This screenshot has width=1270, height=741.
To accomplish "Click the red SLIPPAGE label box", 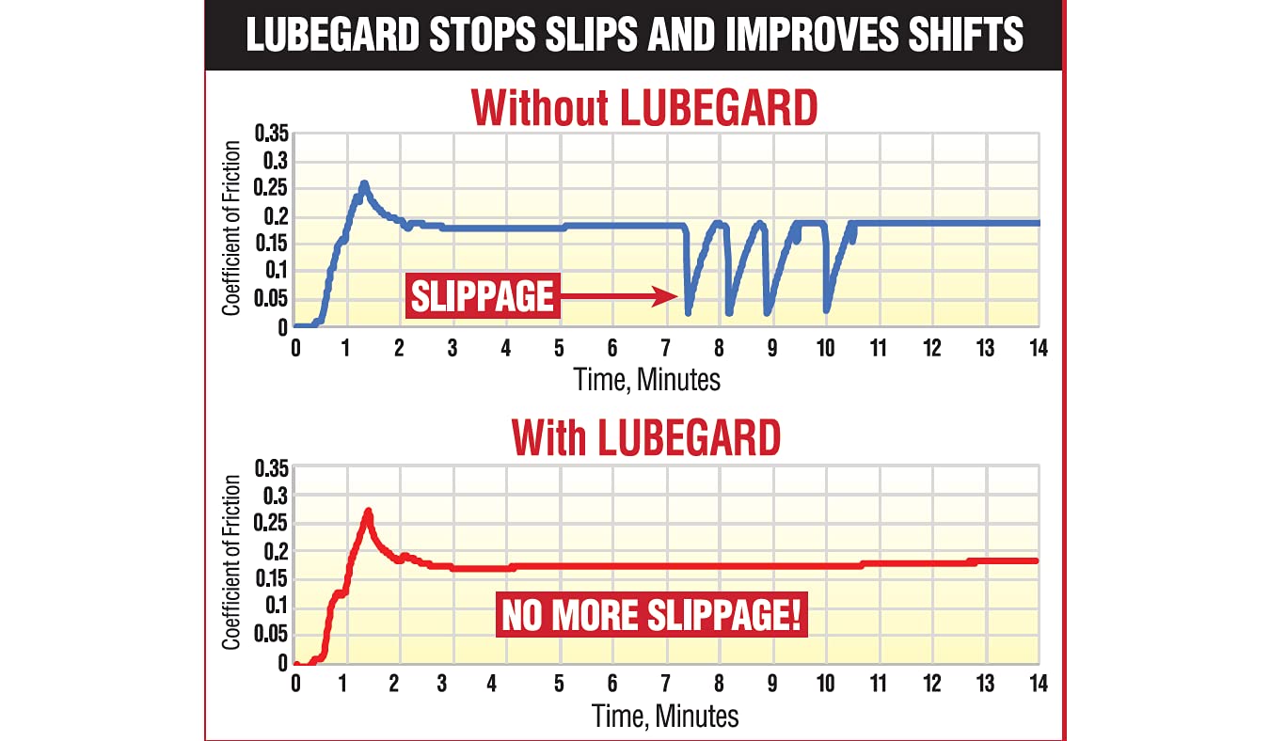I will (482, 297).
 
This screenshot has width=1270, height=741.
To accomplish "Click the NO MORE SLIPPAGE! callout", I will (652, 617).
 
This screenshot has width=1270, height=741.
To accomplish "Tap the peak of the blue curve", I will (364, 183).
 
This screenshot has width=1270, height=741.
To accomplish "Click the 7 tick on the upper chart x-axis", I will (666, 347).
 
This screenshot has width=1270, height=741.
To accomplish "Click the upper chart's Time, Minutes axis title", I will (647, 379).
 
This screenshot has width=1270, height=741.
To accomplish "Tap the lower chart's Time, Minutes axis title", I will (665, 716).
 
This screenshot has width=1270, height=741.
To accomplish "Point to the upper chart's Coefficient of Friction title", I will (231, 229).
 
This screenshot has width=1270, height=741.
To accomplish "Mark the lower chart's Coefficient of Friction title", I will (231, 562).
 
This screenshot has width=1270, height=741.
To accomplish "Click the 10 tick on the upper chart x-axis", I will (824, 347).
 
